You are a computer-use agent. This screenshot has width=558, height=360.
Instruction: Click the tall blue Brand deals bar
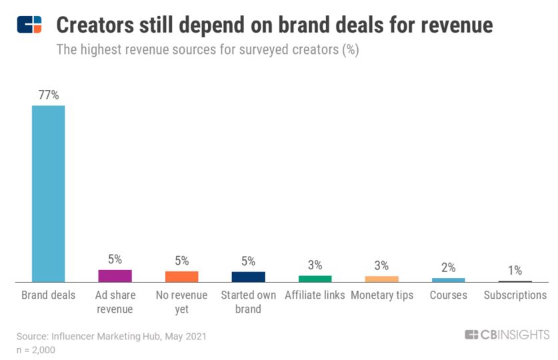point(49,193)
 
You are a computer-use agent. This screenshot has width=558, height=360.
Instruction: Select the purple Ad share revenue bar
point(115,275)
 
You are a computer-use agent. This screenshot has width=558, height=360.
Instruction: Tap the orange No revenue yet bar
point(182,276)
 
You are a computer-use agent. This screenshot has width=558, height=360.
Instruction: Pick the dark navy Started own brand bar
point(249,277)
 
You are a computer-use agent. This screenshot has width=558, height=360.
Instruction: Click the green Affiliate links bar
point(315,278)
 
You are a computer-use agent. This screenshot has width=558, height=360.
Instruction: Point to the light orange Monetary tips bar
point(382,279)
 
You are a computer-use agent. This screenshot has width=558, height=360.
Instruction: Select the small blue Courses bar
point(449,279)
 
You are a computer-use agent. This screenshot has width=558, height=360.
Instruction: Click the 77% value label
point(49,95)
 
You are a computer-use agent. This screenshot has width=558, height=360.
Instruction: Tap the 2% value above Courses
point(449,267)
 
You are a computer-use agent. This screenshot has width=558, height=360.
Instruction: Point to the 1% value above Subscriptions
point(515,270)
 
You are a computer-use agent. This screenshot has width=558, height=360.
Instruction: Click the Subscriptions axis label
point(515,295)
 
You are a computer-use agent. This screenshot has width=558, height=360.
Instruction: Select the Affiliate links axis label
point(315,295)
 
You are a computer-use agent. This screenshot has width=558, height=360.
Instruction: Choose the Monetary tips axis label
point(382,295)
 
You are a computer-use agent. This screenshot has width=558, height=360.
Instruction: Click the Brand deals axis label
point(49,295)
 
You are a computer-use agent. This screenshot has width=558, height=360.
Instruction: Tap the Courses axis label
point(449,295)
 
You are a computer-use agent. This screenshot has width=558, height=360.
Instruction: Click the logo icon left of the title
point(29,25)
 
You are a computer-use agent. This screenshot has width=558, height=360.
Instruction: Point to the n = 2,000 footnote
point(36,349)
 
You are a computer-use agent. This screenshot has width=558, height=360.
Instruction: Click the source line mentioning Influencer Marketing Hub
point(111,336)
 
